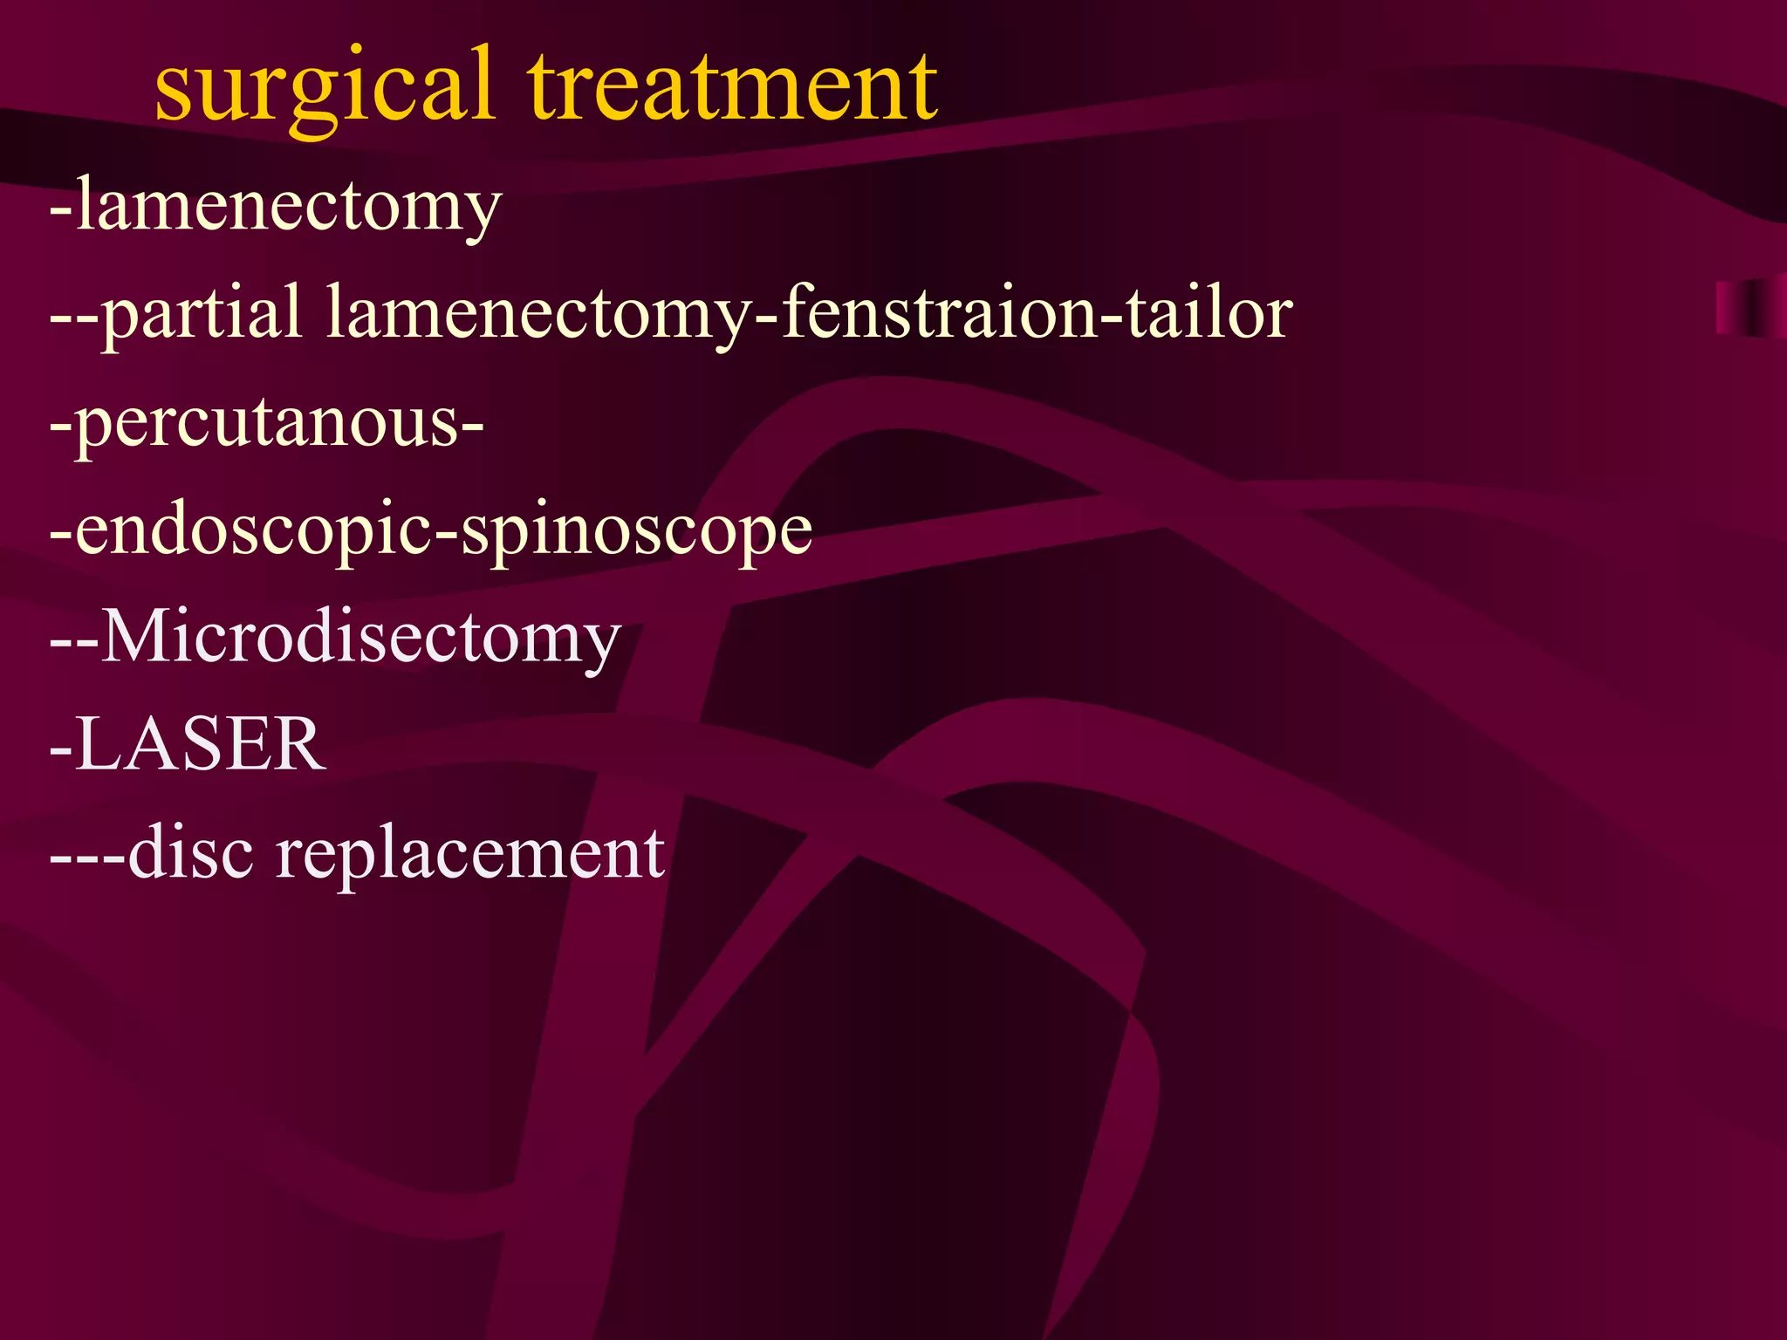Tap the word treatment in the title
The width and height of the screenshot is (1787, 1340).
click(733, 87)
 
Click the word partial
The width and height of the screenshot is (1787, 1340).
click(202, 314)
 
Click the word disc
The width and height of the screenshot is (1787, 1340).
click(191, 852)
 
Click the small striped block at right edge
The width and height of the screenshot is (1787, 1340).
click(1750, 308)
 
